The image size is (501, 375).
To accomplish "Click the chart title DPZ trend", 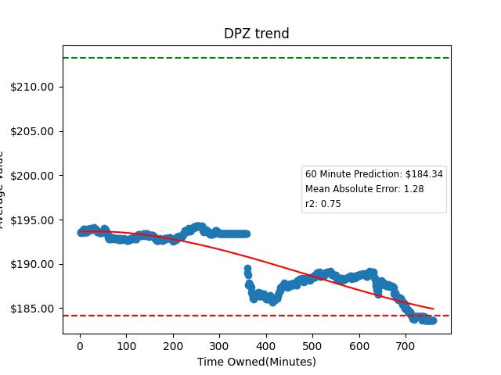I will [256, 34].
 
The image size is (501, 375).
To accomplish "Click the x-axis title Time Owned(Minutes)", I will [256, 362].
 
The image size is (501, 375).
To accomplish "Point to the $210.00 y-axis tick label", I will [32, 87].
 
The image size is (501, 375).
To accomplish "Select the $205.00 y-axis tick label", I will [32, 131].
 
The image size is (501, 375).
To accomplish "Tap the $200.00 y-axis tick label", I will [32, 176].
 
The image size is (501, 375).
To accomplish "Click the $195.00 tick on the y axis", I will [32, 220].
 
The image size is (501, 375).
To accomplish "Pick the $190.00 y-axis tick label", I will [32, 265].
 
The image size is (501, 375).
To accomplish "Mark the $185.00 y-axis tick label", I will [32, 309].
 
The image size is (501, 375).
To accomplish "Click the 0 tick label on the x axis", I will [80, 345].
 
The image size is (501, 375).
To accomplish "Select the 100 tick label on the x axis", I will [126, 345].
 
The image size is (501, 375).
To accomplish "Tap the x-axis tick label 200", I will [173, 345].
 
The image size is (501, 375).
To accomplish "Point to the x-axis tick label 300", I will [219, 345].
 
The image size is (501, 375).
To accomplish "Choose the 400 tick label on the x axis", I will [266, 345].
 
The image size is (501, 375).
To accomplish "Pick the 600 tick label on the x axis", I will [359, 345].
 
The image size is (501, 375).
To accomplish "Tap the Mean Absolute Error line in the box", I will [364, 189].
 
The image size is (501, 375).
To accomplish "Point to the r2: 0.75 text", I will [323, 204].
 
